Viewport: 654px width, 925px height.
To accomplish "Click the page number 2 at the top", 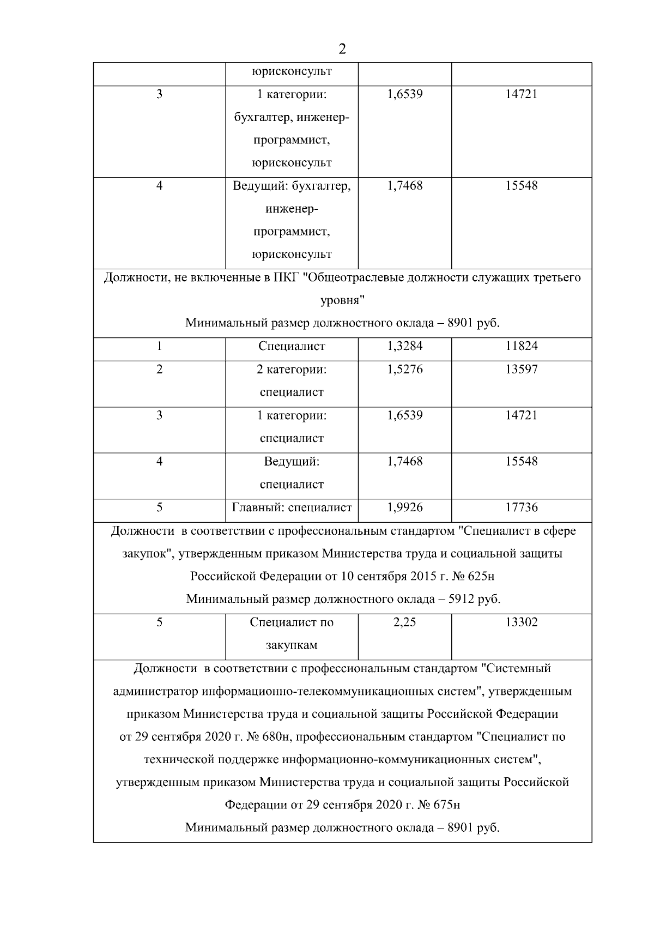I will pyautogui.click(x=342, y=50).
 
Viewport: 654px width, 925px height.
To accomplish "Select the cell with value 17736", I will pyautogui.click(x=521, y=507).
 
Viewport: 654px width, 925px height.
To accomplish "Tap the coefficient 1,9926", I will pyautogui.click(x=404, y=507).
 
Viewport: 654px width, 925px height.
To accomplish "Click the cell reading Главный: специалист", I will pyautogui.click(x=292, y=507).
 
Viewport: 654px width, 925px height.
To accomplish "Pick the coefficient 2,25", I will pyautogui.click(x=404, y=622).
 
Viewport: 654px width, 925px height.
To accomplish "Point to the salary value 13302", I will pyautogui.click(x=521, y=622).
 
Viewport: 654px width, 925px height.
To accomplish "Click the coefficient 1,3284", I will pyautogui.click(x=404, y=346).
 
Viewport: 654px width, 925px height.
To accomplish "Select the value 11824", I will pyautogui.click(x=521, y=346).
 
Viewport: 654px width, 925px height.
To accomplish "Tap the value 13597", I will pyautogui.click(x=521, y=370).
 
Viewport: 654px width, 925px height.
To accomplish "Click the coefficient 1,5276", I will pyautogui.click(x=404, y=370).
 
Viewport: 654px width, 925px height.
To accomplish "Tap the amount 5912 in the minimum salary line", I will pyautogui.click(x=461, y=600).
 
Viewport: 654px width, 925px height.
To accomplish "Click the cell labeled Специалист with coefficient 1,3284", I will pyautogui.click(x=292, y=346).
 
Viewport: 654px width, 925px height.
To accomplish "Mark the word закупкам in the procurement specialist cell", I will pyautogui.click(x=292, y=645).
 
